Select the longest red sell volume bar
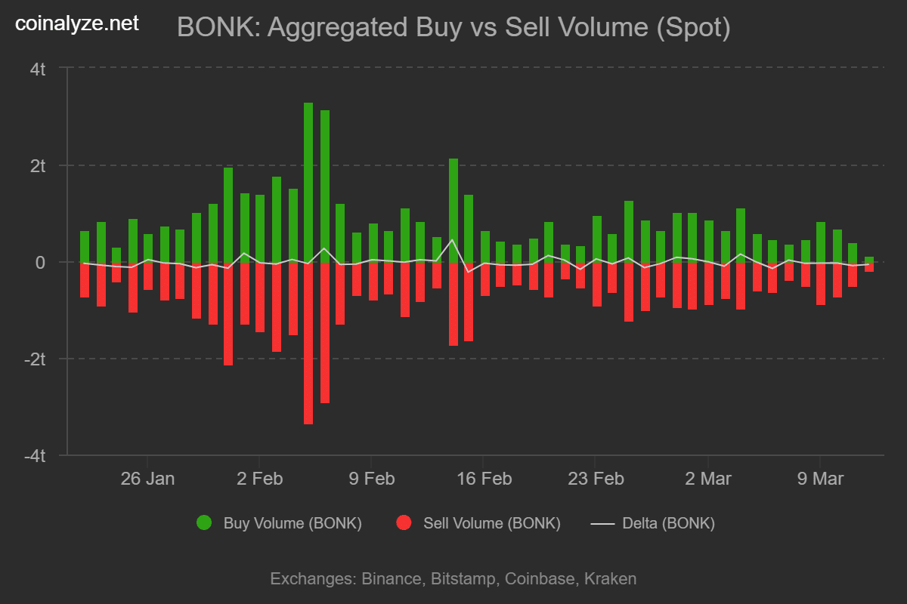(308, 344)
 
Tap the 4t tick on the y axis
(38, 69)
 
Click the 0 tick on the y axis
(42, 263)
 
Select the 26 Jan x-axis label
(147, 479)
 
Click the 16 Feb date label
(484, 479)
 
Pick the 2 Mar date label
(707, 479)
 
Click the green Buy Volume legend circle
(204, 523)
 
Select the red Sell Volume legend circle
(404, 523)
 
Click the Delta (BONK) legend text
(668, 523)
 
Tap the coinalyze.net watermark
(77, 24)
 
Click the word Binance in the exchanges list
(392, 579)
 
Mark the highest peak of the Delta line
(452, 240)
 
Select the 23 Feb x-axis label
(596, 479)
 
